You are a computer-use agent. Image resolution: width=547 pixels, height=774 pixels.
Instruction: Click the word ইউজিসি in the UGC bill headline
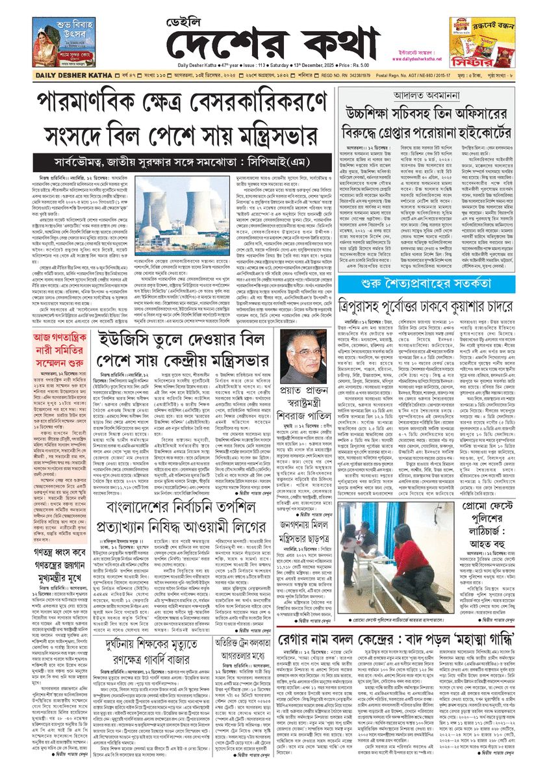pos(124,340)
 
